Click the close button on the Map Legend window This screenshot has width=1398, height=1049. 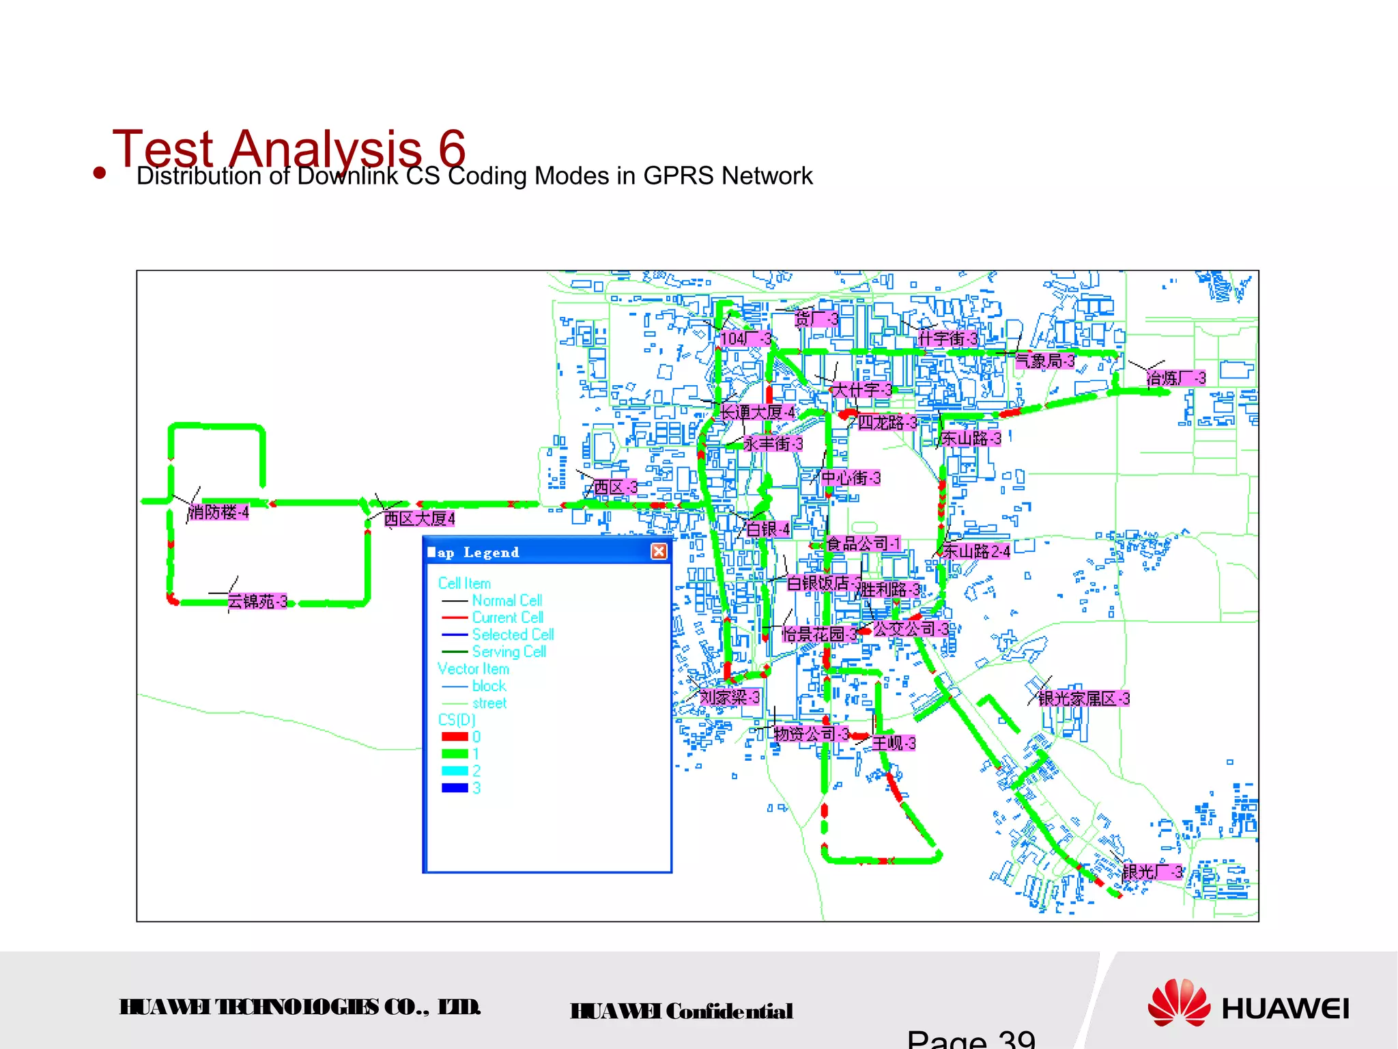point(659,551)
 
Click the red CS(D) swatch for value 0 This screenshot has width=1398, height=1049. point(455,737)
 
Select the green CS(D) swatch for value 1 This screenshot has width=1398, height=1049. point(455,754)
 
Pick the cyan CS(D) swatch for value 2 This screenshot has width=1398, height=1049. point(455,771)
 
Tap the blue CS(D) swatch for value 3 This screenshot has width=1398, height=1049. point(455,788)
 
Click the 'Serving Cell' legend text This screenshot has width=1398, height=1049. point(509,652)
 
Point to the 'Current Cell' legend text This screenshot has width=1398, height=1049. point(507,617)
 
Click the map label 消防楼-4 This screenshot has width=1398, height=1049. point(219,512)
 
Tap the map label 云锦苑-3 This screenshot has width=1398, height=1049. point(257,602)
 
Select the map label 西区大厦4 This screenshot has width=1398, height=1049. point(419,519)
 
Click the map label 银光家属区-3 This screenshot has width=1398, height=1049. point(1084,699)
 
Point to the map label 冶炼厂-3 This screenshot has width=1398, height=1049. point(1176,378)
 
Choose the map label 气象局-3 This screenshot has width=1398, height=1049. point(1045,361)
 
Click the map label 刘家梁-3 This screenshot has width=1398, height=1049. point(730,697)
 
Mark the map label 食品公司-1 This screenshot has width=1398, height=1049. point(864,544)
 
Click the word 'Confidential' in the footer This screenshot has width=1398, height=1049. point(729,1011)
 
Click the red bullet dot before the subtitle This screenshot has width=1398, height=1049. point(100,173)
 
